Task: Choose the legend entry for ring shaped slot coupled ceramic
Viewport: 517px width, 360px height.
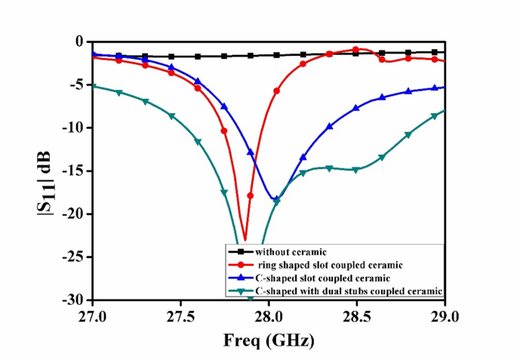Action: (316, 264)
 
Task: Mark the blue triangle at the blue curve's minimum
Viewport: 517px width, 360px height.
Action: (275, 198)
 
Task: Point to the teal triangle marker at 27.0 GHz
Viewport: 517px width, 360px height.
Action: (92, 86)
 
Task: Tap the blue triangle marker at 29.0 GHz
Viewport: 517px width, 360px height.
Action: (445, 87)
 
